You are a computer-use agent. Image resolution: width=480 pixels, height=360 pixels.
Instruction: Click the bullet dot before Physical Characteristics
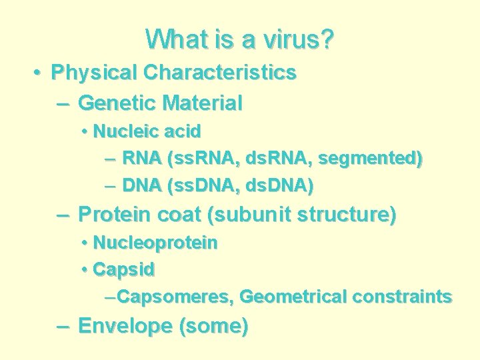click(x=39, y=72)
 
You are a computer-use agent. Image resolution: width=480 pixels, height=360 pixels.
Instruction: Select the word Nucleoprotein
click(x=155, y=243)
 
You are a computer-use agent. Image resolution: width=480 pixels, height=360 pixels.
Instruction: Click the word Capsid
click(x=124, y=270)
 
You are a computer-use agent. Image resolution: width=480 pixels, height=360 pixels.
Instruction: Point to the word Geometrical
click(x=293, y=297)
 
